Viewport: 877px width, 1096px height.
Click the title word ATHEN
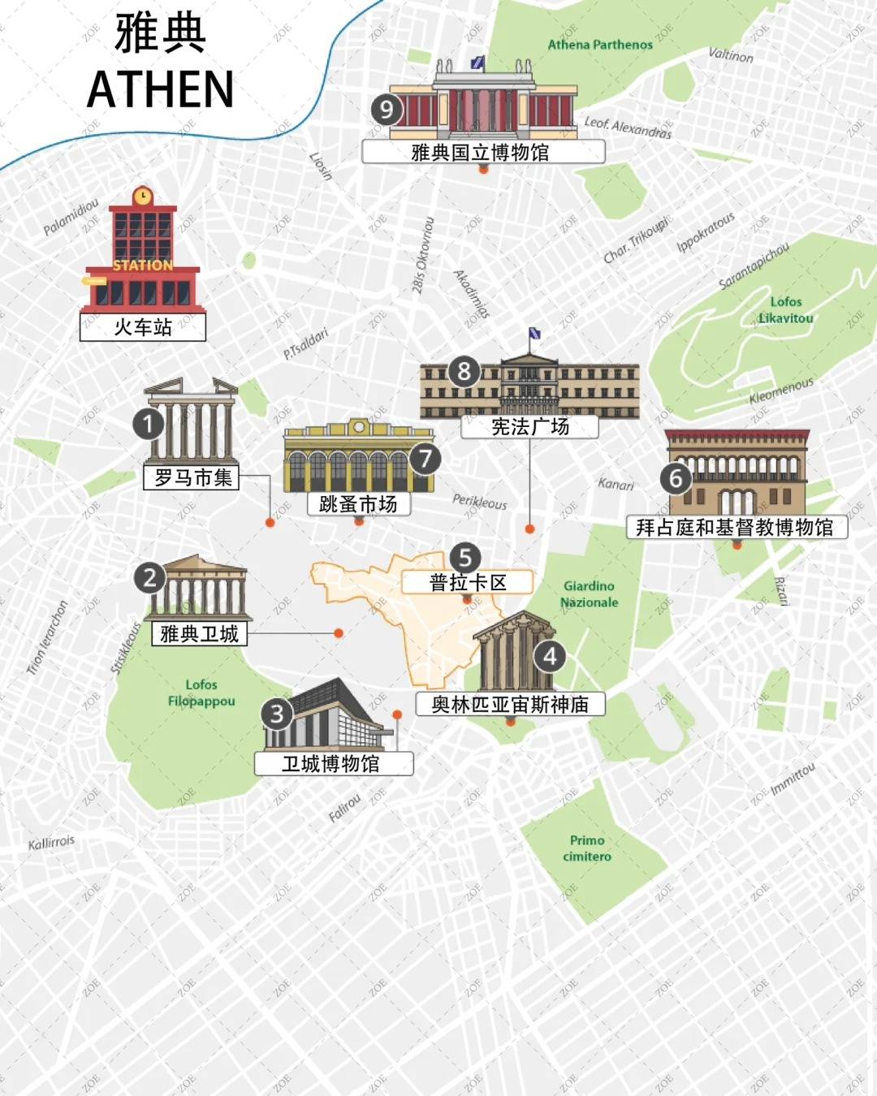coord(160,89)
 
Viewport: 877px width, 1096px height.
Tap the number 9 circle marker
coord(387,110)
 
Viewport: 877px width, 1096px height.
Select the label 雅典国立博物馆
coord(482,152)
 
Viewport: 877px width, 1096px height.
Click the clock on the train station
coord(143,196)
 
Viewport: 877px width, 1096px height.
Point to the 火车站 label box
coord(143,327)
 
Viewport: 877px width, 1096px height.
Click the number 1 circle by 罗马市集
coord(149,423)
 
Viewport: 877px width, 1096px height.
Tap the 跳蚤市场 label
coord(358,504)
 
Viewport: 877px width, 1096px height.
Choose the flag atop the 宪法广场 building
coord(534,334)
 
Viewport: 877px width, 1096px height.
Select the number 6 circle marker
coord(676,478)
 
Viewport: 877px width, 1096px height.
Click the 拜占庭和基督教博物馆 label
coord(735,528)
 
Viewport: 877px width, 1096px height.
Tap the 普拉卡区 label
coord(468,582)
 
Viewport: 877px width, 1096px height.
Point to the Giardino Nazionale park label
coord(589,594)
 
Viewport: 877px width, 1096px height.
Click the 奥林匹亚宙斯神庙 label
coord(510,704)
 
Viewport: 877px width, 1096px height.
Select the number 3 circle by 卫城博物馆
coord(277,714)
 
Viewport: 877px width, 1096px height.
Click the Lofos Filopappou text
coord(201,693)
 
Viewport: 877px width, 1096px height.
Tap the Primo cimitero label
coord(587,848)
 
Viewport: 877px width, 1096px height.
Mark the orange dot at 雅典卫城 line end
coord(339,633)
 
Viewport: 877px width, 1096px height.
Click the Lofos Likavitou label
coord(785,310)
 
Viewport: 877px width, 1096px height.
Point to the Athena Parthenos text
coord(600,45)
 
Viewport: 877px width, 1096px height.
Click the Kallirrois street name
coord(51,843)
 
